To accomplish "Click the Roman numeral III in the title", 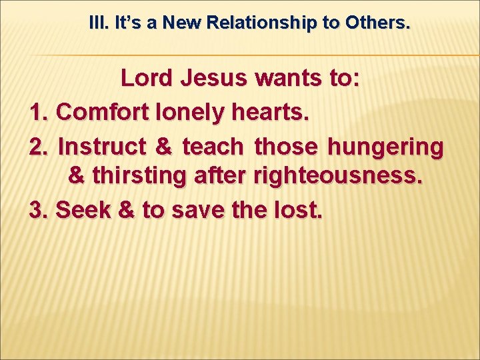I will [99, 23].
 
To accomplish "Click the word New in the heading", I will [183, 23].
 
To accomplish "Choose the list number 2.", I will [39, 145].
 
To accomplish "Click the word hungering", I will [385, 145].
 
